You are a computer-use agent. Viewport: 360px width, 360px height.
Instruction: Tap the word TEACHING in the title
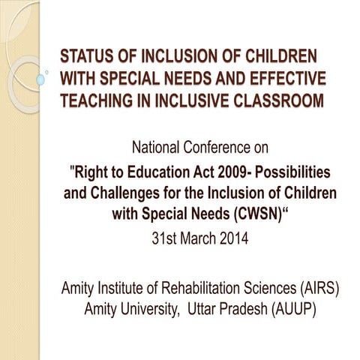click(94, 100)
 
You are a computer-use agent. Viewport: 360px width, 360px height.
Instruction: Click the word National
click(160, 145)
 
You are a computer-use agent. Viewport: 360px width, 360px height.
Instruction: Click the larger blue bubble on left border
click(41, 79)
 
